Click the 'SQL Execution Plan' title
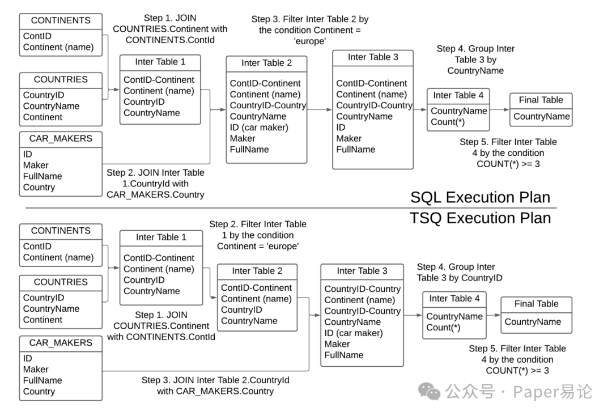click(480, 197)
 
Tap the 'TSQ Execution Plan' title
click(480, 218)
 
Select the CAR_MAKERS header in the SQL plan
click(61, 138)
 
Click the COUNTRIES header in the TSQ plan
click(61, 282)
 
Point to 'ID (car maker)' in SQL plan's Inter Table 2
click(259, 128)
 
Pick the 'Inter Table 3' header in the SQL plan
click(373, 57)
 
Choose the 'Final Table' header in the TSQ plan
click(536, 304)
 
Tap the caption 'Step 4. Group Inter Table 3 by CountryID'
click(460, 272)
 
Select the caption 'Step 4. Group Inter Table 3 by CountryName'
click(475, 60)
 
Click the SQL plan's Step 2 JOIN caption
click(155, 184)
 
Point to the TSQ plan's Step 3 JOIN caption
click(215, 385)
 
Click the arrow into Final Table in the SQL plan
click(499, 110)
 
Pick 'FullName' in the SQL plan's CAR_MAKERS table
click(42, 176)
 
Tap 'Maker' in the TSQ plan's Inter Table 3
click(337, 344)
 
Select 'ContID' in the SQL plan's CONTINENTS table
click(37, 36)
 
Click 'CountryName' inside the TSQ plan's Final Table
click(533, 322)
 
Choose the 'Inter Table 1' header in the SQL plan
click(160, 62)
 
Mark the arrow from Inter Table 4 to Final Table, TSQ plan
click(494, 315)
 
